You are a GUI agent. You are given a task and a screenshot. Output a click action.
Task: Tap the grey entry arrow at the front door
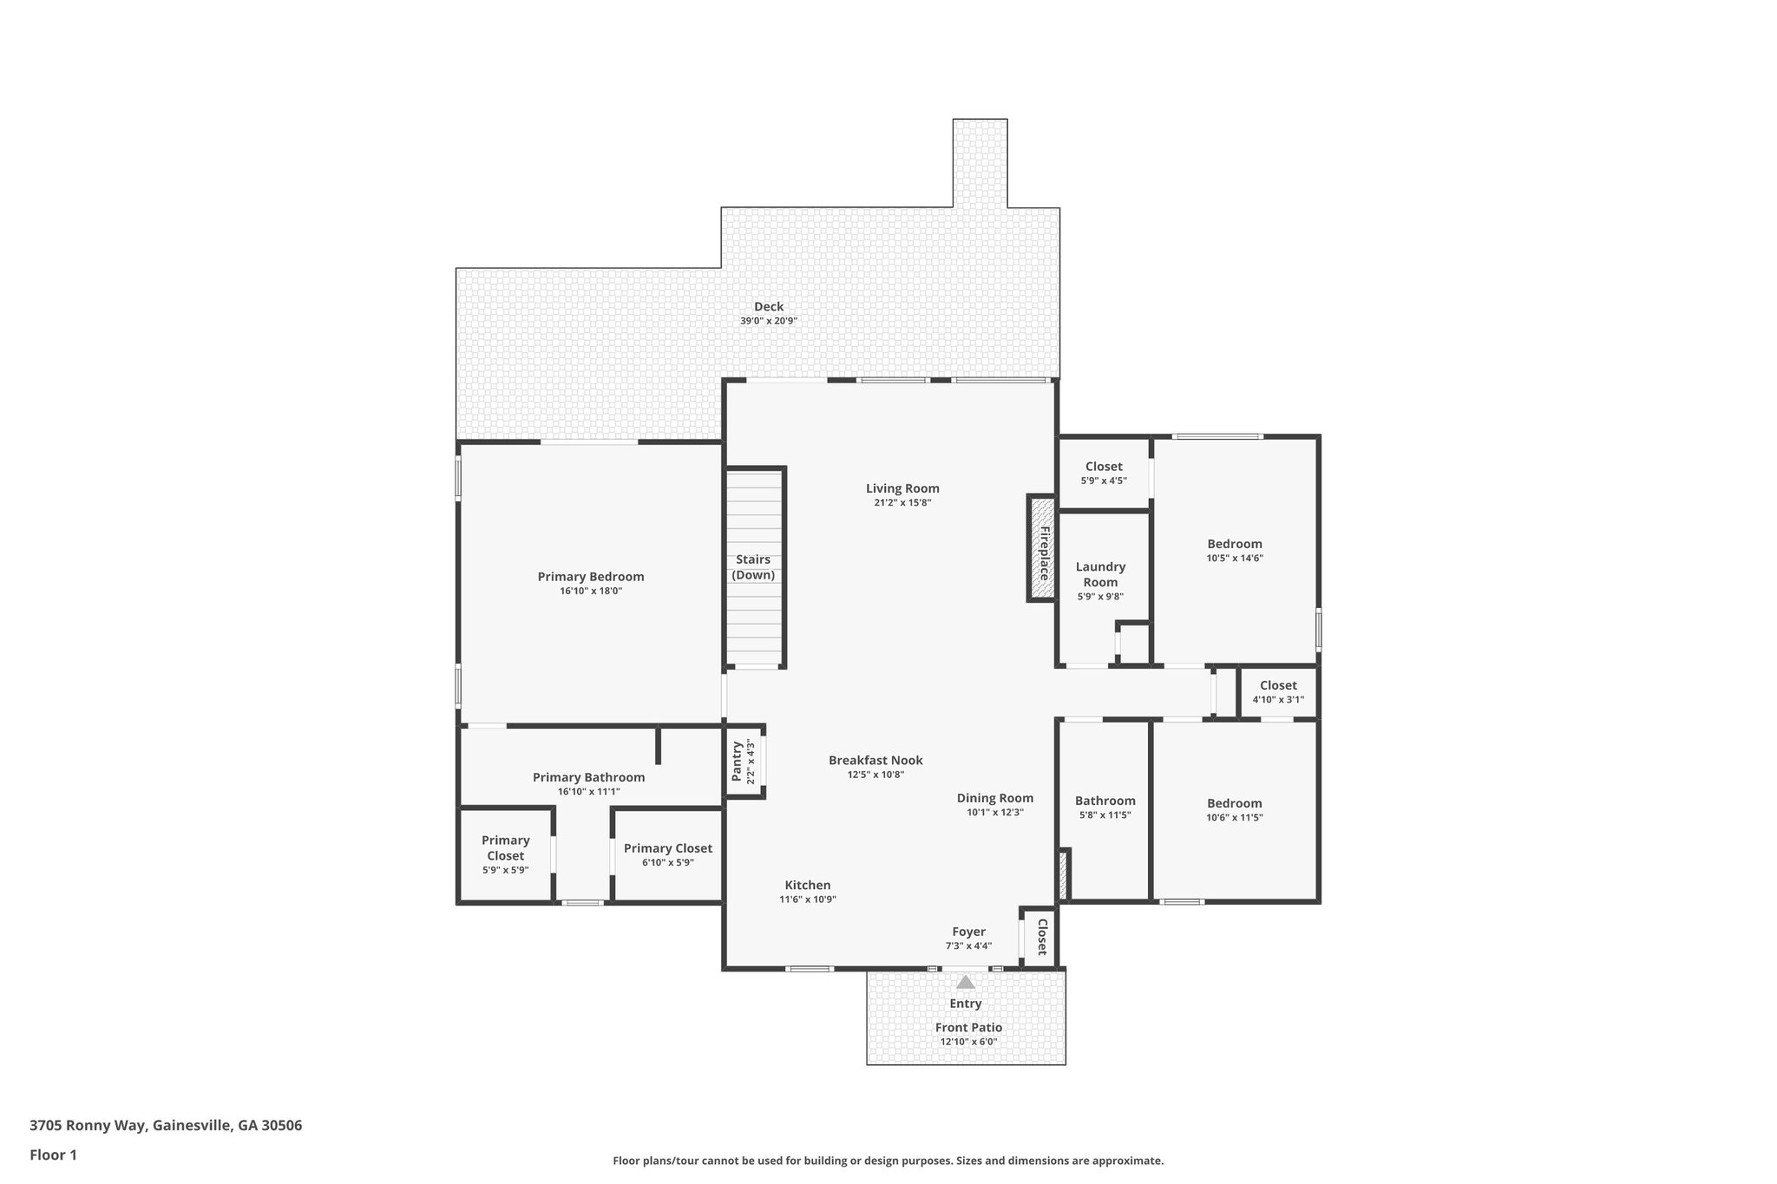pos(966,982)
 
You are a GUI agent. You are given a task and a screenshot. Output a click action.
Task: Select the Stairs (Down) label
pos(753,567)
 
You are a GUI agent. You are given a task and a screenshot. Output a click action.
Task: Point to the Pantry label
pos(737,761)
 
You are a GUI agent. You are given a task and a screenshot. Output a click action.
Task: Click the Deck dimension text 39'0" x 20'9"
pos(769,321)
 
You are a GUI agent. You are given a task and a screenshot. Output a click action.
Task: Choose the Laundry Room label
pos(1100,574)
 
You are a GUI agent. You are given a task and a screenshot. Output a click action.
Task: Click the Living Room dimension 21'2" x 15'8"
pos(902,503)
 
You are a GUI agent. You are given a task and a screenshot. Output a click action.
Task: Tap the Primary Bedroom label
pos(591,577)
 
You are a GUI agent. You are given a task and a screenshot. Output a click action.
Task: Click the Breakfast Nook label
pos(875,761)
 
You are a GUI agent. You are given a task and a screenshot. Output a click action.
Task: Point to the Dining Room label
pos(995,798)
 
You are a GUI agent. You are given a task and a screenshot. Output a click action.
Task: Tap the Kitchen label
pos(808,885)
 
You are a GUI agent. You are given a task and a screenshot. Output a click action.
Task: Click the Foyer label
pos(968,932)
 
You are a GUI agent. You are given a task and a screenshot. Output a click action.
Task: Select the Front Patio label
pos(968,1028)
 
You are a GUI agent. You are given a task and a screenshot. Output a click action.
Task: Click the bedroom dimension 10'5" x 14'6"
pos(1235,559)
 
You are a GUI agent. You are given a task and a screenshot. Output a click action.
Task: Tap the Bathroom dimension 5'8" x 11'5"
pos(1105,815)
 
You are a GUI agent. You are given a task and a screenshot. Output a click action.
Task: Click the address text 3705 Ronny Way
pos(89,1126)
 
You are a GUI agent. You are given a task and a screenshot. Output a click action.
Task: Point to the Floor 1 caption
pos(53,1155)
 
